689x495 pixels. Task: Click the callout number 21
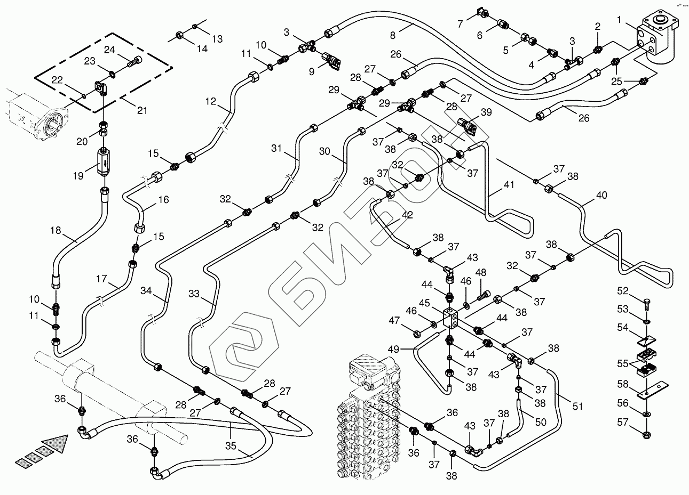click(x=142, y=111)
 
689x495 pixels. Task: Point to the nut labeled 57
click(x=646, y=431)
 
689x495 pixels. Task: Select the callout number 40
click(x=601, y=195)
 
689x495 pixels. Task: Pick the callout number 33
click(x=194, y=293)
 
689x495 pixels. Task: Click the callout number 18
click(x=56, y=230)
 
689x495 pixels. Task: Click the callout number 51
click(x=577, y=407)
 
